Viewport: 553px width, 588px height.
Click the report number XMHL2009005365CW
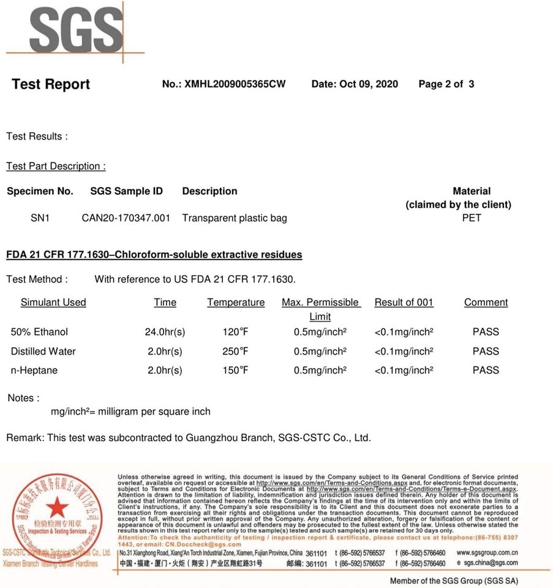click(x=234, y=84)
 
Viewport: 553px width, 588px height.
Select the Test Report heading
click(x=51, y=85)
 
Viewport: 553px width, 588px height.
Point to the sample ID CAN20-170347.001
click(x=126, y=217)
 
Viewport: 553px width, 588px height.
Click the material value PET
click(x=472, y=217)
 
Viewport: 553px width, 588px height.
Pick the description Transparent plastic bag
click(x=235, y=217)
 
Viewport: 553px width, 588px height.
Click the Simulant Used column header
click(x=53, y=302)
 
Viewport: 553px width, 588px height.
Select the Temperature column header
click(x=236, y=303)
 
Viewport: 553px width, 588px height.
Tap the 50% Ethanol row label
click(x=39, y=332)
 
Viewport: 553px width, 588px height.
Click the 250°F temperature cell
click(x=236, y=351)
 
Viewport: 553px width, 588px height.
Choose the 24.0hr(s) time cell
click(x=165, y=332)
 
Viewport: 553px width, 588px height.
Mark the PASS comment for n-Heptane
click(x=486, y=370)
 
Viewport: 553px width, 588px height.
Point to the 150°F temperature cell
click(x=236, y=370)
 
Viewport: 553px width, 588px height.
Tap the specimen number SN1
click(x=40, y=217)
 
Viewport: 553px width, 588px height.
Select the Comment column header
click(x=486, y=302)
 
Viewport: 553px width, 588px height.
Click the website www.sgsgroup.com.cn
click(x=487, y=552)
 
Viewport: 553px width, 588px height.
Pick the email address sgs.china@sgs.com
click(x=491, y=562)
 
